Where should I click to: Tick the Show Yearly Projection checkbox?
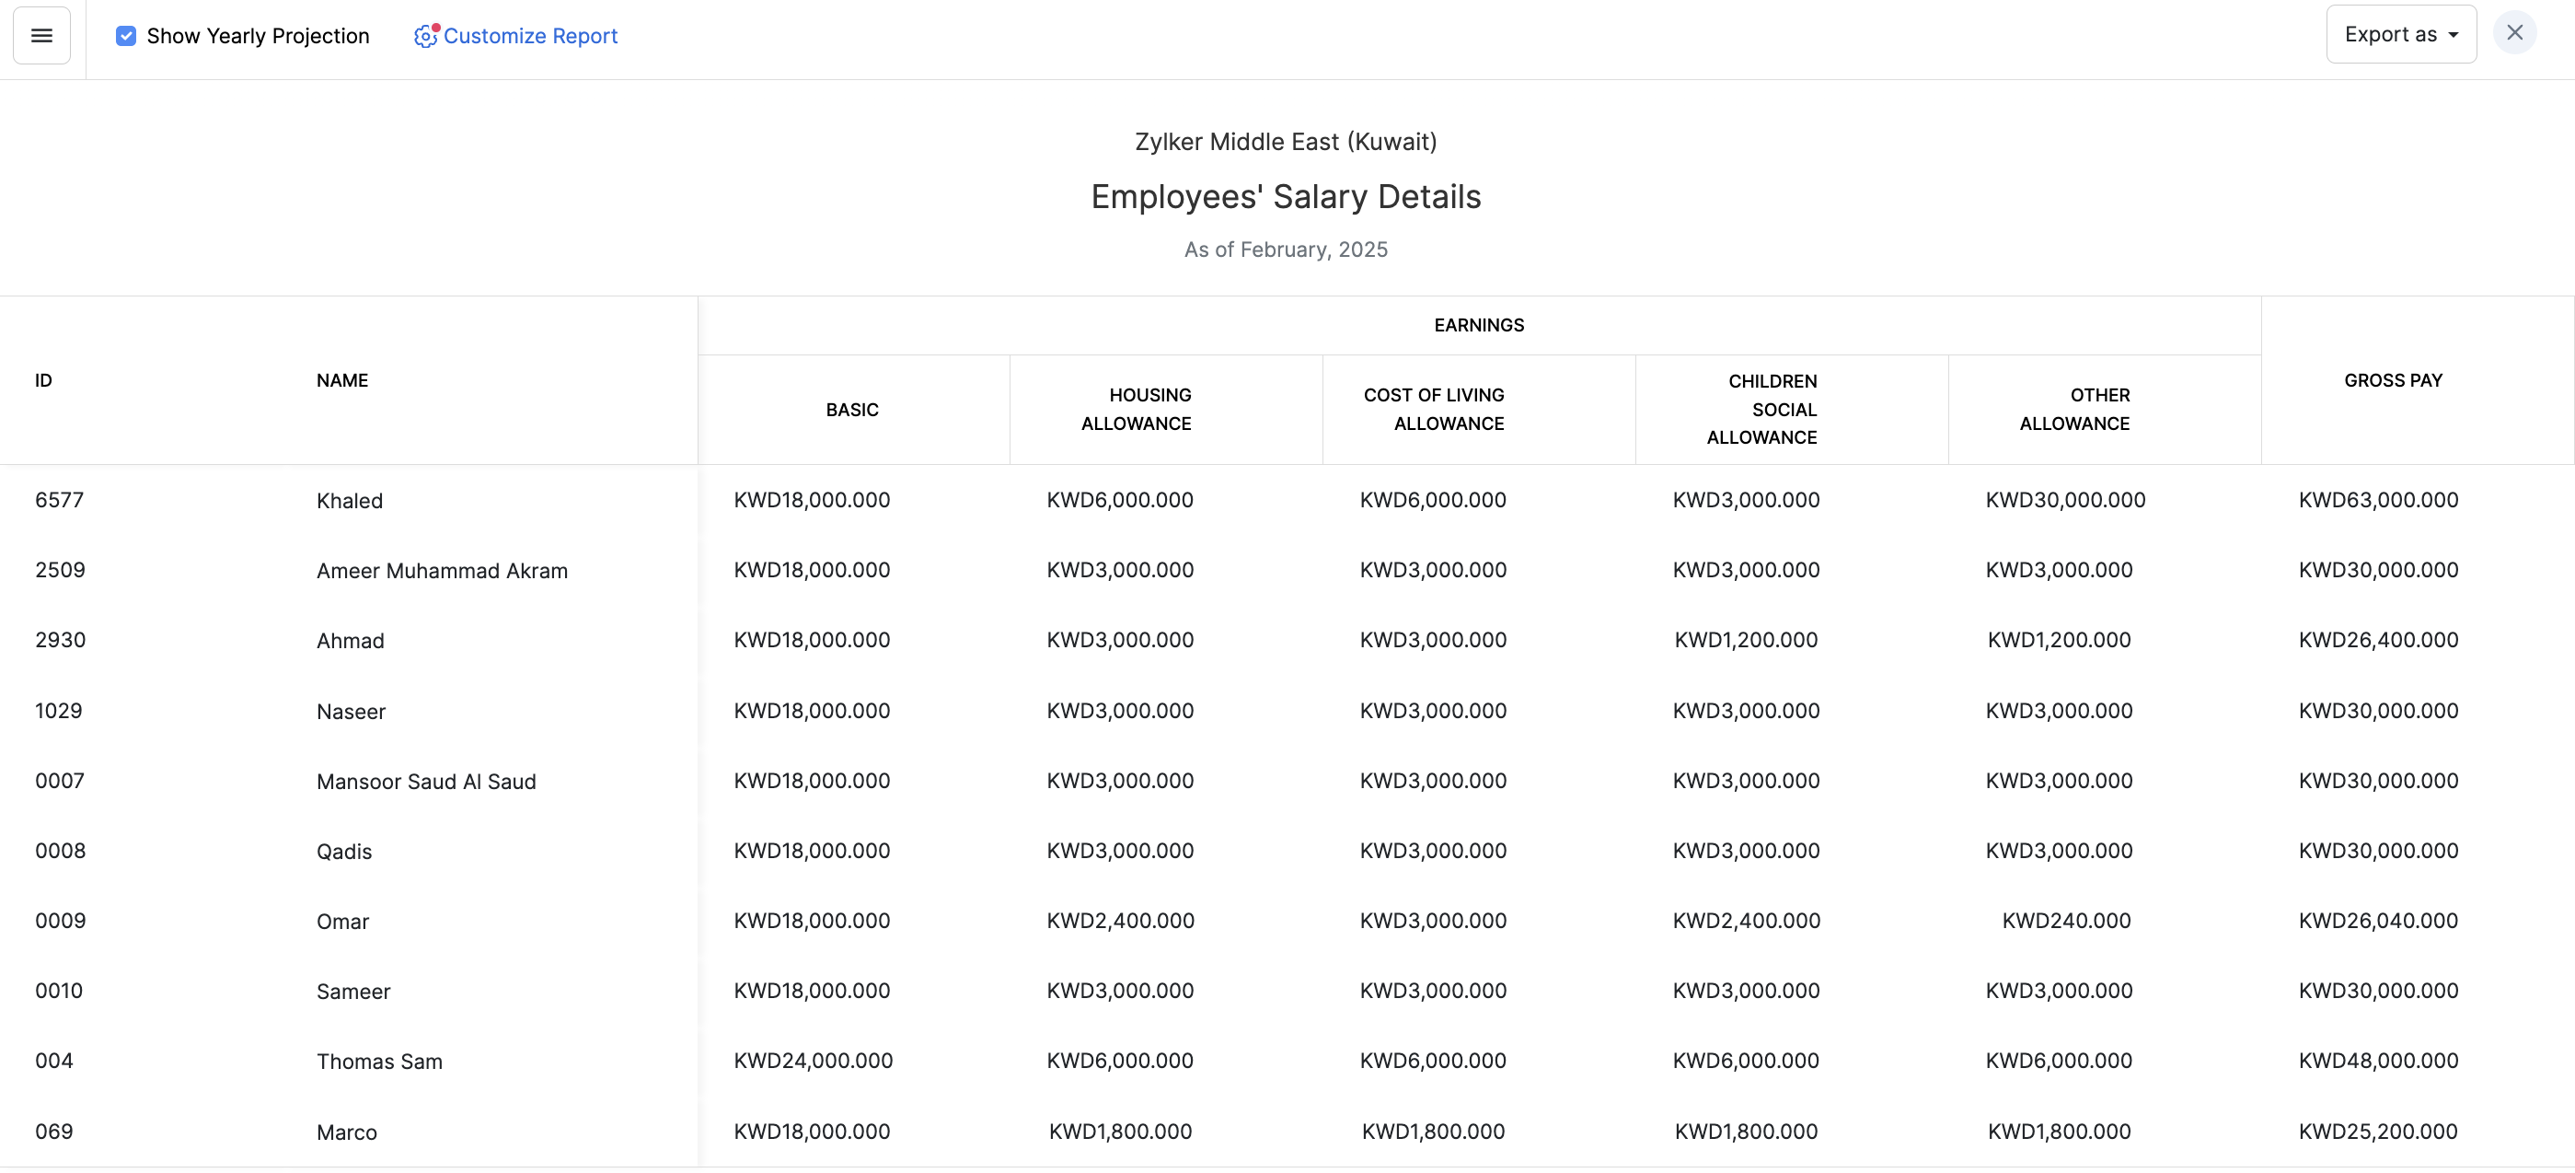click(126, 36)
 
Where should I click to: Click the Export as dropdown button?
click(2400, 35)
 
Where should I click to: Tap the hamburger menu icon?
click(42, 36)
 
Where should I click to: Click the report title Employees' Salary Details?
click(1286, 197)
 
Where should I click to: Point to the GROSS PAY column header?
click(2392, 380)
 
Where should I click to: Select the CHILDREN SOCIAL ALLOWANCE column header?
click(1761, 409)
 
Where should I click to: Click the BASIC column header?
click(851, 410)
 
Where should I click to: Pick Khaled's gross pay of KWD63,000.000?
click(2377, 500)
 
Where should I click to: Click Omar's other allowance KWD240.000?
click(2065, 920)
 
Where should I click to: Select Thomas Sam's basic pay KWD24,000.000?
click(813, 1060)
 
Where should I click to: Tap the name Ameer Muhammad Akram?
click(442, 571)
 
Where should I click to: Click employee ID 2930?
click(60, 640)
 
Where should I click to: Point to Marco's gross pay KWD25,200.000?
click(2377, 1131)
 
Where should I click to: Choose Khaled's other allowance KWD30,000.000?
click(2065, 500)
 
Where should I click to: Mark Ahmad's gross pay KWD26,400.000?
click(2377, 640)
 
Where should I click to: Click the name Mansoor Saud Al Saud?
click(426, 782)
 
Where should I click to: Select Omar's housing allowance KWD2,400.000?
click(1120, 920)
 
